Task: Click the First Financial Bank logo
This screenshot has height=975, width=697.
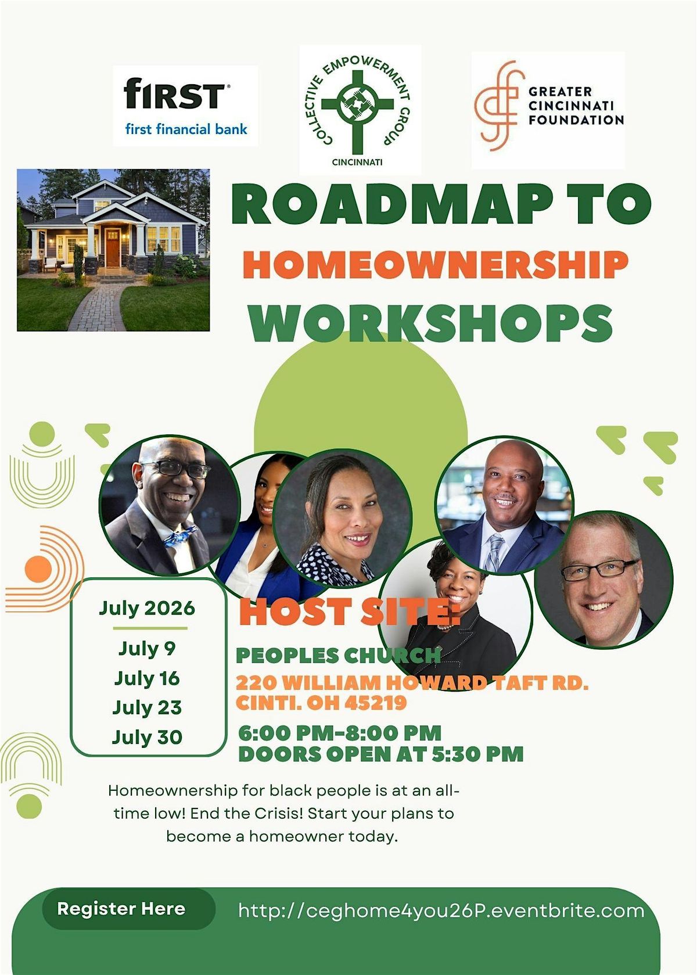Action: (185, 106)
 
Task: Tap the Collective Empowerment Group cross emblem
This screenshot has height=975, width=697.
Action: (357, 106)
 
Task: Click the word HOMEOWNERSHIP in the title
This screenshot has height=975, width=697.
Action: (436, 265)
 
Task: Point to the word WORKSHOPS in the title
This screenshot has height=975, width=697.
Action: (431, 323)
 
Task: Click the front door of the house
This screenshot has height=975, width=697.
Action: (112, 247)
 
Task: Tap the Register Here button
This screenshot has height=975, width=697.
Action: (121, 908)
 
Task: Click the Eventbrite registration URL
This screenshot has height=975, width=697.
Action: (441, 911)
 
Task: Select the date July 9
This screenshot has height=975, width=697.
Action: (147, 649)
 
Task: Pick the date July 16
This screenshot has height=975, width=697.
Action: (147, 678)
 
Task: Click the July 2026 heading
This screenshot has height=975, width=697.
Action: (147, 608)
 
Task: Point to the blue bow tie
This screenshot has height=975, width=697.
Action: (180, 536)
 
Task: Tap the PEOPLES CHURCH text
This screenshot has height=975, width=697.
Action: (339, 656)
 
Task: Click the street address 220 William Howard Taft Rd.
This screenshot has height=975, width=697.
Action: (412, 683)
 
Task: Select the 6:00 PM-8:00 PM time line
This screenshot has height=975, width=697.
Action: (340, 733)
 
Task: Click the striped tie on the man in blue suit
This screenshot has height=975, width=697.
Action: (495, 552)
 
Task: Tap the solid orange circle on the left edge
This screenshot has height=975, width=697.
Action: (38, 569)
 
